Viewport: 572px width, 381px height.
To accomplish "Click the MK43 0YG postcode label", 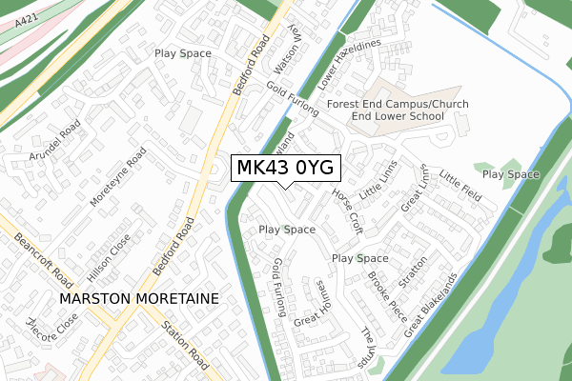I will point(284,168).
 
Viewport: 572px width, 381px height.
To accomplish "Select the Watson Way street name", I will point(287,51).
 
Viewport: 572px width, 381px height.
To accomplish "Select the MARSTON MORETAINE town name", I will point(138,298).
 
